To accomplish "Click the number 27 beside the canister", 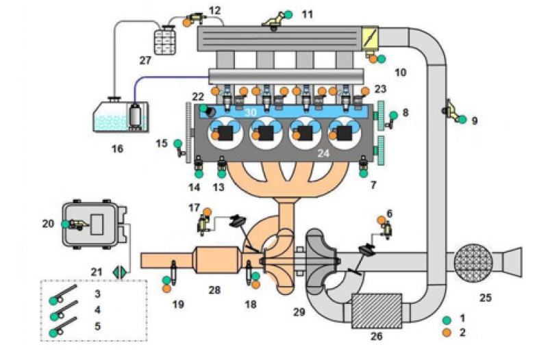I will pos(145,60).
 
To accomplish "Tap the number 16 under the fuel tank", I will pos(117,148).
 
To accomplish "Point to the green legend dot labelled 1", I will pos(447,320).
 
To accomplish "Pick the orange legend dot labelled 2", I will pos(447,333).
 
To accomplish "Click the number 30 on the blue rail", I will pos(251,112).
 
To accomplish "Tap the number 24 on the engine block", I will pos(323,155).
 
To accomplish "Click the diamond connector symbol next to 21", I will pos(120,272).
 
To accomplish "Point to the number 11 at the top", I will pos(307,13).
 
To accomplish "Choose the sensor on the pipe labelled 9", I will pos(451,108).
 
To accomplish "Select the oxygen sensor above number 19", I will pos(174,270).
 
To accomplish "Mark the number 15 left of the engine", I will pos(162,143).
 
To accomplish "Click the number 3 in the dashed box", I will pos(98,293).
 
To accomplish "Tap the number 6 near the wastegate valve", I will pos(390,213).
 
